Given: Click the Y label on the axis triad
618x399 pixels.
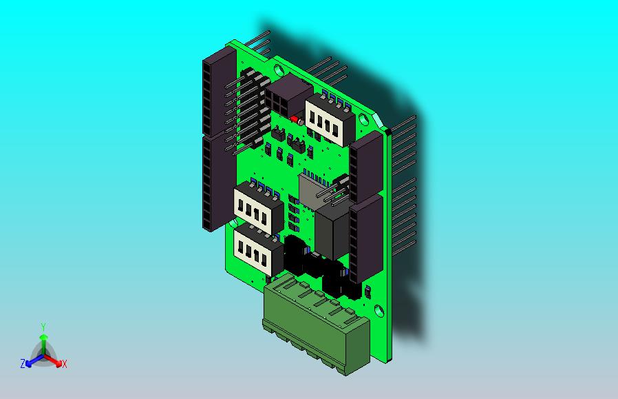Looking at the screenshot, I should (43, 327).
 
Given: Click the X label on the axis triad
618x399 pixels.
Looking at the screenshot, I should (65, 364).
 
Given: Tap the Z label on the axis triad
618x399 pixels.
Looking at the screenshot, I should (23, 363).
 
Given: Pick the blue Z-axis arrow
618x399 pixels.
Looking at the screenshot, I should (31, 360).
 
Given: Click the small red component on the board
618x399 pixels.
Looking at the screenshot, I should (294, 119).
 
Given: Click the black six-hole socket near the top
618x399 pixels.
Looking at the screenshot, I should (288, 96).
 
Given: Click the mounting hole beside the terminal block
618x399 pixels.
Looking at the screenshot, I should (377, 308).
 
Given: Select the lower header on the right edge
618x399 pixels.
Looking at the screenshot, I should (365, 238).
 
